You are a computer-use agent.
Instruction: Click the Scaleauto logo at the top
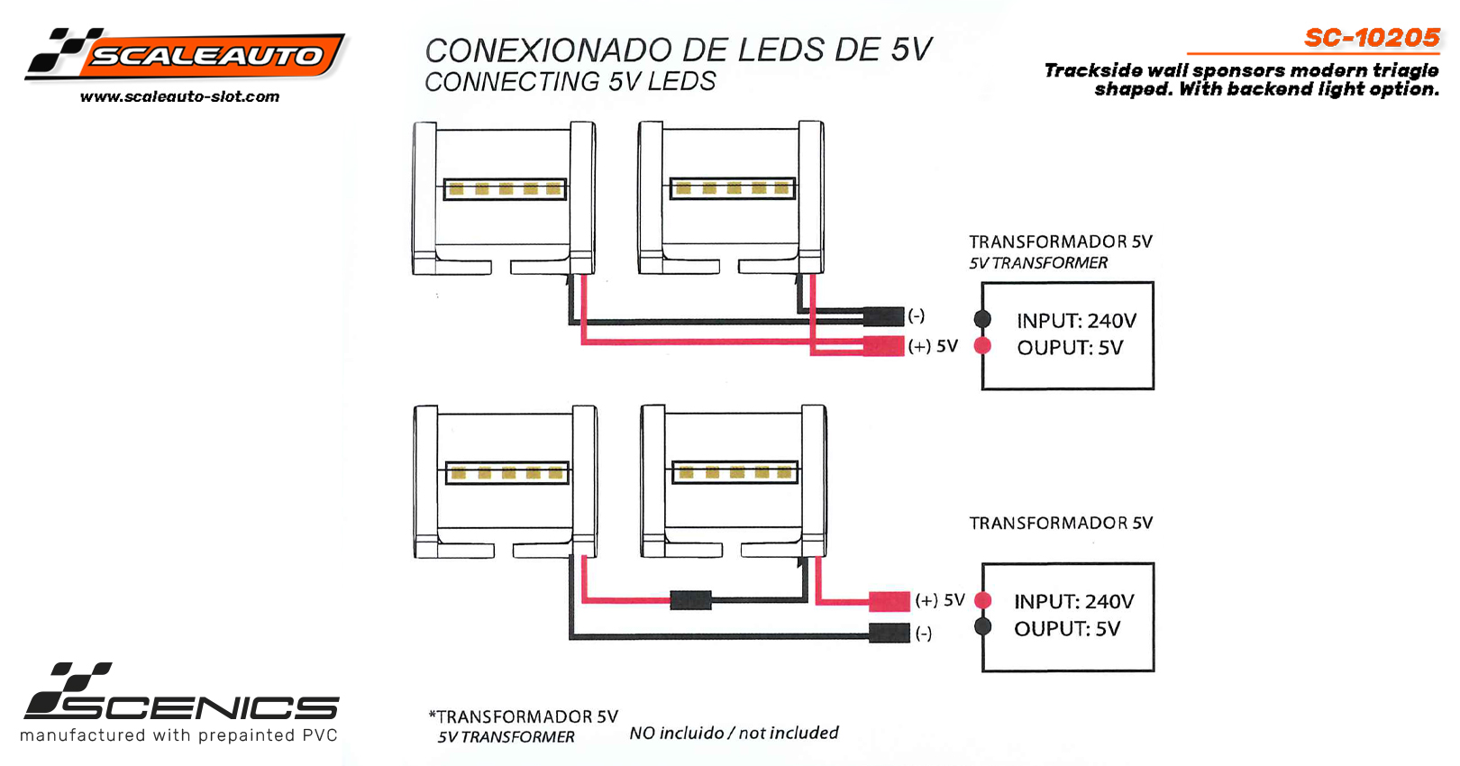[x=186, y=54]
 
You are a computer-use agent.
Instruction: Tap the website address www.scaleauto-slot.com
[x=180, y=96]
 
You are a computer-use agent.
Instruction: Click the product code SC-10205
[x=1372, y=38]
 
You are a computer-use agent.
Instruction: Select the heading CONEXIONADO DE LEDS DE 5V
[x=679, y=50]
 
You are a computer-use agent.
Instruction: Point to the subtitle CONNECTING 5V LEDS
[x=570, y=81]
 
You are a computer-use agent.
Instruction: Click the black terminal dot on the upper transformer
[x=982, y=319]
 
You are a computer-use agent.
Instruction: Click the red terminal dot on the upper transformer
[x=982, y=345]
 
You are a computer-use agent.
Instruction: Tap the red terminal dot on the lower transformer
[x=983, y=600]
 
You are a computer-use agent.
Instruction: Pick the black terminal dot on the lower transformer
[x=983, y=626]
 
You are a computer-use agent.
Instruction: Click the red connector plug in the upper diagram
[x=883, y=345]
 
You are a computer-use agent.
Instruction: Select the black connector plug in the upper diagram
[x=883, y=316]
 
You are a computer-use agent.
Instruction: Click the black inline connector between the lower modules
[x=691, y=600]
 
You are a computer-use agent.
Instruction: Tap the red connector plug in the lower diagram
[x=889, y=600]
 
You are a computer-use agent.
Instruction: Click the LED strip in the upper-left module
[x=505, y=189]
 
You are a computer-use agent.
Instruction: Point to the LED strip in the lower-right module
[x=735, y=472]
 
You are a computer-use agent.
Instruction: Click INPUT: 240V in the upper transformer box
[x=1076, y=321]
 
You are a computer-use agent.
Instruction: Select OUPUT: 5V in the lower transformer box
[x=1067, y=628]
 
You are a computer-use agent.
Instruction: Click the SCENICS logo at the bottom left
[x=181, y=703]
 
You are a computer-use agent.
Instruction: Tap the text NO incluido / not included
[x=734, y=733]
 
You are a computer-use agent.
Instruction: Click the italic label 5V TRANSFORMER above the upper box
[x=1038, y=263]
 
